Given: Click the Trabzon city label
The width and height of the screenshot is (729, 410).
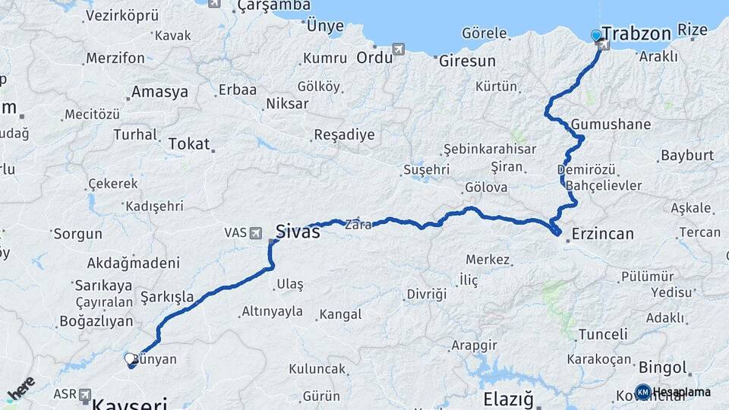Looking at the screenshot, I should click(x=637, y=33).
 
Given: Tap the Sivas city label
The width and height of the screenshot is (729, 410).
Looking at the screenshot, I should click(x=298, y=232).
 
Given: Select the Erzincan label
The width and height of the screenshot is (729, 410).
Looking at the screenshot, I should click(x=602, y=233).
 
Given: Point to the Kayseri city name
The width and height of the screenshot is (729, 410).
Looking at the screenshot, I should click(x=129, y=403).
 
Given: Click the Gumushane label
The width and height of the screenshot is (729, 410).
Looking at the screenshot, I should click(x=611, y=125).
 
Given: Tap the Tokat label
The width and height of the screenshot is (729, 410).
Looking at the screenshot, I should click(x=188, y=143).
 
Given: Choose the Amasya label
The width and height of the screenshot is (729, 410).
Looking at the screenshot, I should click(x=159, y=92).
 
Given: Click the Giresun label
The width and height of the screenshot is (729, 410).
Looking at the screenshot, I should click(x=467, y=61).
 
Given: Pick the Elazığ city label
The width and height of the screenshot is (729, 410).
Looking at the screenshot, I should click(x=509, y=399).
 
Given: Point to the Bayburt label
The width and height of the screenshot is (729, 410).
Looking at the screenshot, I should click(x=687, y=156).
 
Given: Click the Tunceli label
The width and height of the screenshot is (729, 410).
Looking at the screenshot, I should click(x=603, y=334).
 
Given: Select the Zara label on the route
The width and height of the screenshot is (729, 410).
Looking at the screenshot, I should click(x=358, y=225).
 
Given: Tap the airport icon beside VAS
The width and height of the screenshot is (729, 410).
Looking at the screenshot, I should click(x=255, y=232).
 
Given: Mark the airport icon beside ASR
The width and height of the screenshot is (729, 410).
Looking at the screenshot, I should click(x=84, y=396).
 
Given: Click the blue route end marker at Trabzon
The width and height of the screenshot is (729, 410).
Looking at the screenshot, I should click(x=596, y=35).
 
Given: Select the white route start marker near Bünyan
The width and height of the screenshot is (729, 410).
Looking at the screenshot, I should click(x=129, y=357).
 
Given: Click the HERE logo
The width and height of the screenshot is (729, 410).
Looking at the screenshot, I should click(x=21, y=388).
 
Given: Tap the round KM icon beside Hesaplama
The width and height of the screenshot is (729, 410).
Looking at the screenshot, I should click(x=642, y=392).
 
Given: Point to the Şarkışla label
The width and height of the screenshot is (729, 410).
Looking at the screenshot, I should click(x=167, y=296).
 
